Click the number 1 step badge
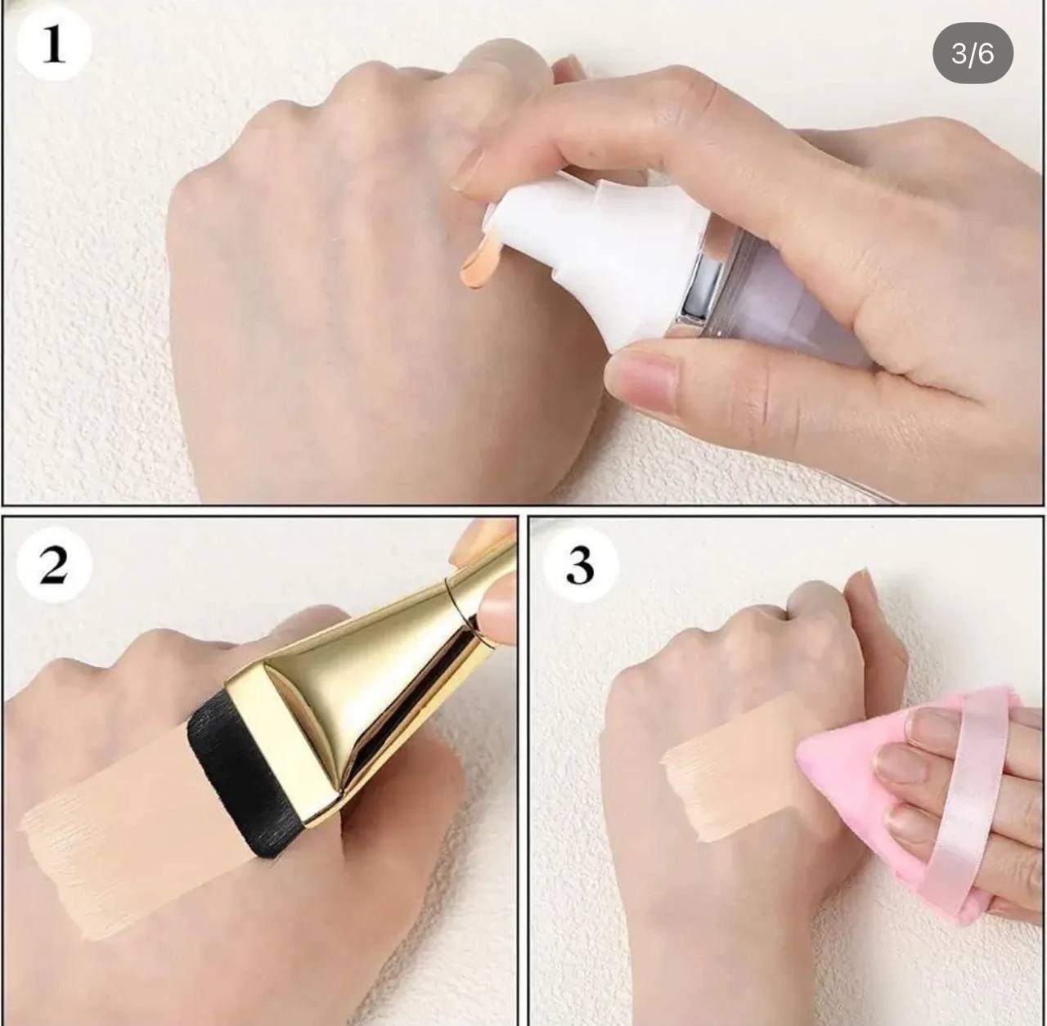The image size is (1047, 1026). click(54, 44)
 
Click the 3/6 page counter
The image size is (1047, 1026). click(973, 53)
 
